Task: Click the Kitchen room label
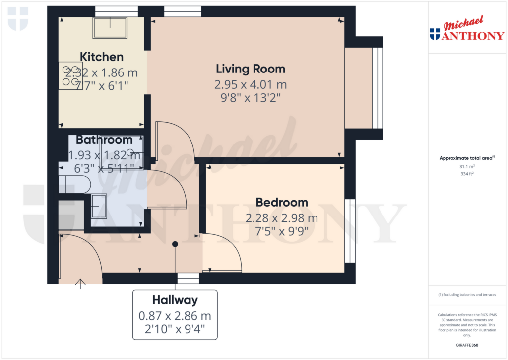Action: (x=102, y=57)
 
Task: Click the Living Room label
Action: (x=251, y=69)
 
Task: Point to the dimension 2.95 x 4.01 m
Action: (x=251, y=85)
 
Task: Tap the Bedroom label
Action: (x=282, y=202)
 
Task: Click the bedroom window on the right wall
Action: (x=350, y=230)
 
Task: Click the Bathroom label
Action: (x=104, y=140)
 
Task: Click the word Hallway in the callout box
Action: (x=175, y=300)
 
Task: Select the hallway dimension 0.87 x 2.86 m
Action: (x=175, y=315)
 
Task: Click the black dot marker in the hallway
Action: (x=175, y=244)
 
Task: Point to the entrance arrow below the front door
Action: (x=80, y=284)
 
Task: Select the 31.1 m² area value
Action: (x=466, y=167)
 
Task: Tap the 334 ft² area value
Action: (x=466, y=174)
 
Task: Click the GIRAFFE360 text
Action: (x=466, y=345)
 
